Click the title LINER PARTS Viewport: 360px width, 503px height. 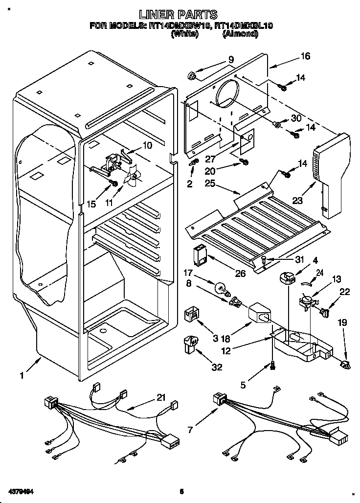178,15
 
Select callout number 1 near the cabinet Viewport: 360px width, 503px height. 22,375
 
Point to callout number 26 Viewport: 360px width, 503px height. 240,273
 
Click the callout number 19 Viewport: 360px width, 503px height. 342,323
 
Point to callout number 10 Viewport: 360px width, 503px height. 147,145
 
